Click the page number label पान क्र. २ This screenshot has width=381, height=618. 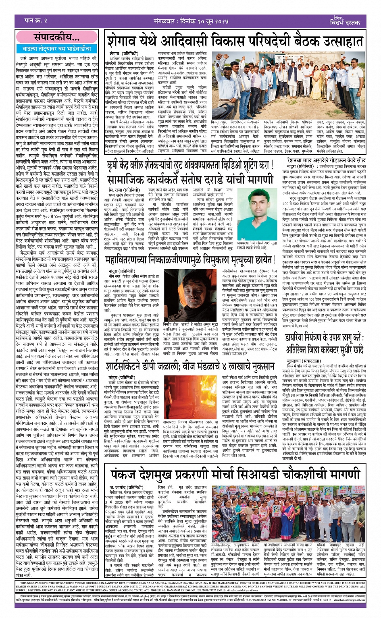(x=36, y=21)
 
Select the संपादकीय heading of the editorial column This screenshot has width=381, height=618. (x=56, y=38)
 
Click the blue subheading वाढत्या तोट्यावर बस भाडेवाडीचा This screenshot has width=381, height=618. (x=56, y=49)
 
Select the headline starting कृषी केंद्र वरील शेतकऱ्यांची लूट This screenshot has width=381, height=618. (x=187, y=165)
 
